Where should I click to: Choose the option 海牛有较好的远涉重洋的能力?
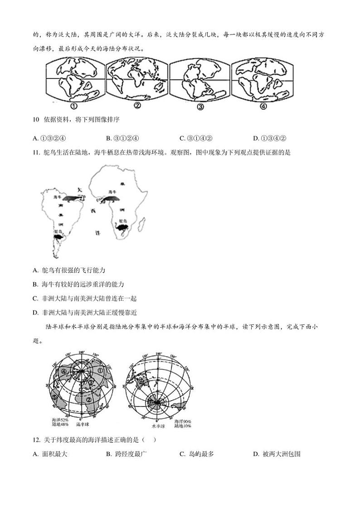point(79,284)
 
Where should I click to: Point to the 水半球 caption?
point(158,426)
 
